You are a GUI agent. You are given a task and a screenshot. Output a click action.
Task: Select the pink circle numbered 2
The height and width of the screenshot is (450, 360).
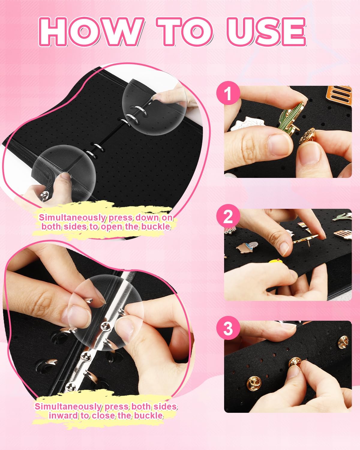pos(228,216)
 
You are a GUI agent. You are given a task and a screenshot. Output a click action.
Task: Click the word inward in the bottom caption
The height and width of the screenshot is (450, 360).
pos(62,415)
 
